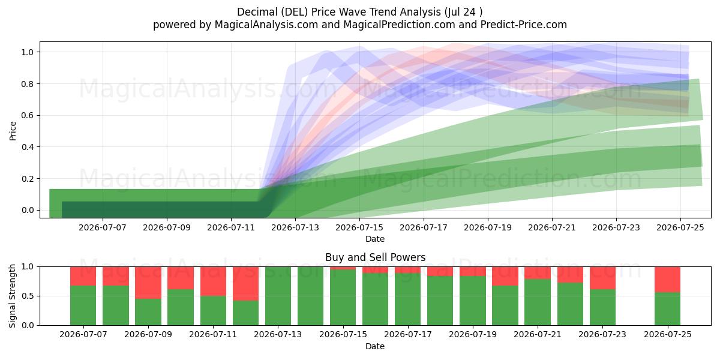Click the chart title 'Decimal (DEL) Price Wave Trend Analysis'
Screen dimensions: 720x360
pyautogui.click(x=339, y=12)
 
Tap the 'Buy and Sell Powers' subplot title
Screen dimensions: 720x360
pyautogui.click(x=375, y=257)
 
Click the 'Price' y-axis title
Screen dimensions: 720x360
pyautogui.click(x=13, y=131)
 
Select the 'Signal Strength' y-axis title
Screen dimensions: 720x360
pyautogui.click(x=13, y=296)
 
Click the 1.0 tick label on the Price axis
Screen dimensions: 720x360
pyautogui.click(x=28, y=52)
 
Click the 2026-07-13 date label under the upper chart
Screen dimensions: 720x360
pyautogui.click(x=295, y=227)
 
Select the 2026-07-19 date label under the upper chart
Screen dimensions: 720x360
pyautogui.click(x=488, y=227)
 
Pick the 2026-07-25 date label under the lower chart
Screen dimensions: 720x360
pyautogui.click(x=668, y=334)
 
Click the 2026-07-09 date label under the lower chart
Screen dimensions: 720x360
pyautogui.click(x=148, y=334)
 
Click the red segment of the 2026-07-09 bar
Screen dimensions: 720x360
pyautogui.click(x=148, y=283)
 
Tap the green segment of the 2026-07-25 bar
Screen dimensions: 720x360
pyautogui.click(x=668, y=309)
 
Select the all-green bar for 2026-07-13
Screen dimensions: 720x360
pyautogui.click(x=278, y=296)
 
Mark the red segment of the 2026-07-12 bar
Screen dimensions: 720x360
pyautogui.click(x=245, y=284)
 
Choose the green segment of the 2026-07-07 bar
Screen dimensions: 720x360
pyautogui.click(x=83, y=305)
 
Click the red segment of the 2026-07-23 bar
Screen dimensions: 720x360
pyautogui.click(x=602, y=278)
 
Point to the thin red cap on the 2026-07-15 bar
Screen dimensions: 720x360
pyautogui.click(x=343, y=268)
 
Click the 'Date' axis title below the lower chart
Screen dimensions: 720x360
pyautogui.click(x=375, y=346)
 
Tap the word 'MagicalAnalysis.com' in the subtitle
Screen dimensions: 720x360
pyautogui.click(x=266, y=25)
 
